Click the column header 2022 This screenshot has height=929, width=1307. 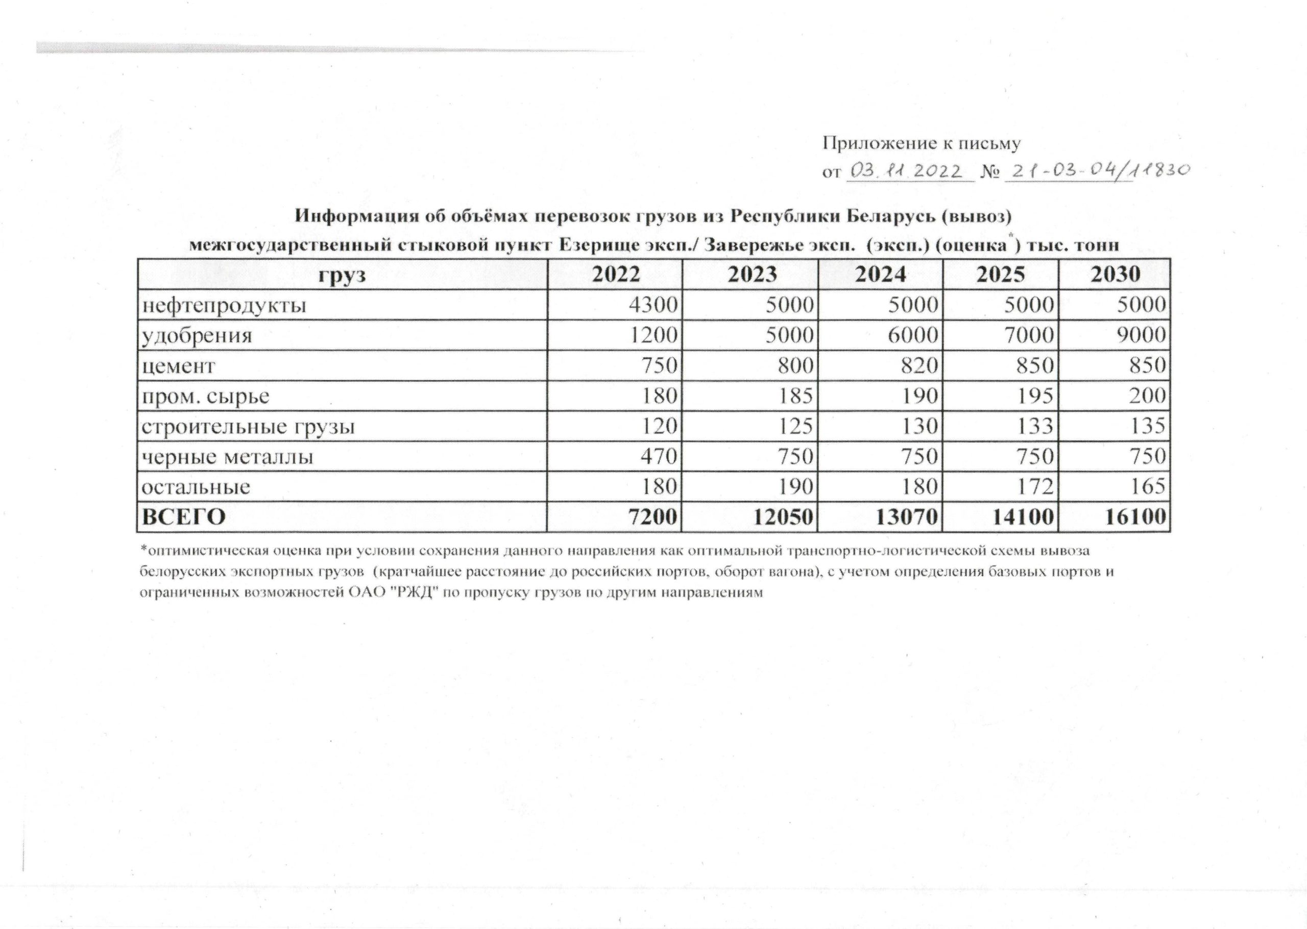pos(615,275)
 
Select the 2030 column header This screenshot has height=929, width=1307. pos(1115,275)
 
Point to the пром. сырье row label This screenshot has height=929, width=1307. pos(205,396)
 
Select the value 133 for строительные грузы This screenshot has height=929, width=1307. pos(1035,426)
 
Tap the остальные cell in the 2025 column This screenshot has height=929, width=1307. pos(1035,487)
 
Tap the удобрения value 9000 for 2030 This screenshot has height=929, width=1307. pos(1142,335)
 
